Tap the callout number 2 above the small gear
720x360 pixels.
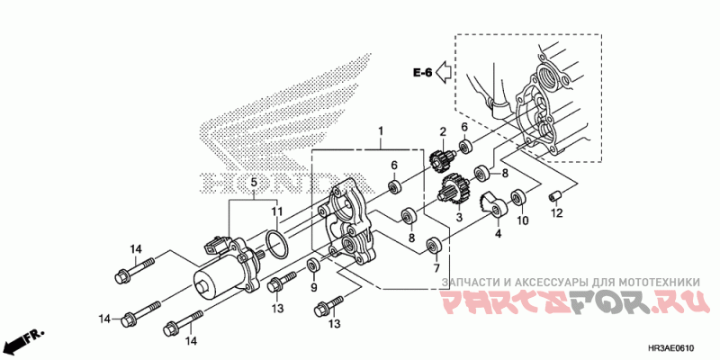(443, 132)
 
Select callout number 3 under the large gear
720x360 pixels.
(459, 217)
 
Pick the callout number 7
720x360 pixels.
(435, 268)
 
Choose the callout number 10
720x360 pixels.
(521, 220)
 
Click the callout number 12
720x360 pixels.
(557, 214)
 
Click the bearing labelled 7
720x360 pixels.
(435, 244)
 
